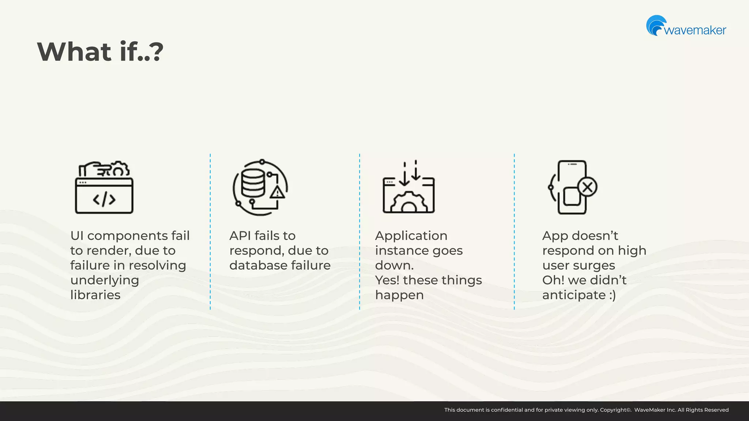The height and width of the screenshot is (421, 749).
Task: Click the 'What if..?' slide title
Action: click(x=100, y=52)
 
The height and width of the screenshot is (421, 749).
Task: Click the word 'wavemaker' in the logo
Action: click(x=695, y=30)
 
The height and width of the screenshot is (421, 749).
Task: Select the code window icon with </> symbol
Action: click(x=104, y=196)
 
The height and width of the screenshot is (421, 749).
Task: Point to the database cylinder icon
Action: click(x=252, y=184)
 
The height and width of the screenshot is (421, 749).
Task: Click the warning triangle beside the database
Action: click(x=277, y=192)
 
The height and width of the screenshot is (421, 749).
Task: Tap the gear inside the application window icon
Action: click(x=409, y=203)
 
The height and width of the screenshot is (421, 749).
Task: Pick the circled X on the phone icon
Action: click(x=587, y=187)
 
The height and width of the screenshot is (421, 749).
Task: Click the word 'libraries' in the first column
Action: click(x=95, y=295)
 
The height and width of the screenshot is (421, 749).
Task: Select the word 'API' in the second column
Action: click(x=240, y=236)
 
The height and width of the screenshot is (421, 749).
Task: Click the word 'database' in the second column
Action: click(x=258, y=265)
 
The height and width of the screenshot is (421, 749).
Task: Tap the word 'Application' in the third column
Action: click(x=411, y=236)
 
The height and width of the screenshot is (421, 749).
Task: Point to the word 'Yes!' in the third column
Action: click(x=387, y=280)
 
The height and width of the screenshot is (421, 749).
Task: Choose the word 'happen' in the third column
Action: click(x=399, y=295)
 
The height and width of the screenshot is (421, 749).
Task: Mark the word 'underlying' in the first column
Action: click(x=105, y=280)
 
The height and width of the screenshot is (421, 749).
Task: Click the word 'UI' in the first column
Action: click(x=77, y=236)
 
